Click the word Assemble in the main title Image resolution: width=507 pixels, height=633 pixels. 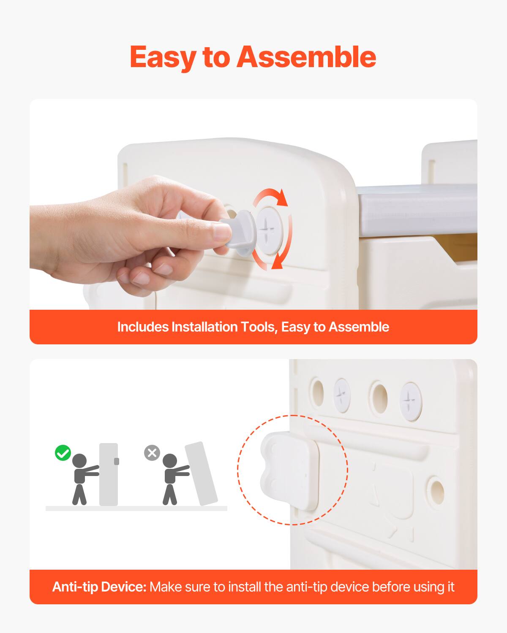[306, 57]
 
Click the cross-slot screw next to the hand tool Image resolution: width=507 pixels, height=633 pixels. [270, 231]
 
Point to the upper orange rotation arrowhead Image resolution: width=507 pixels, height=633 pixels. [283, 198]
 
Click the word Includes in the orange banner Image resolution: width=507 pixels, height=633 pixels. [143, 327]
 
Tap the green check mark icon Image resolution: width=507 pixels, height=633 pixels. [63, 453]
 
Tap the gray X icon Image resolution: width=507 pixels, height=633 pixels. [152, 453]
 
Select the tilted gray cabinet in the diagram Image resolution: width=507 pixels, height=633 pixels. [201, 474]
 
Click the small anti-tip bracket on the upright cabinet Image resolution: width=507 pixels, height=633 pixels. [117, 461]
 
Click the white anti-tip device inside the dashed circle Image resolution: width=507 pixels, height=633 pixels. [289, 471]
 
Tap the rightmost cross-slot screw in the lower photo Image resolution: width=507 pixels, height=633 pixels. [411, 401]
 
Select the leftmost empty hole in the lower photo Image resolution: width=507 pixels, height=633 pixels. [317, 393]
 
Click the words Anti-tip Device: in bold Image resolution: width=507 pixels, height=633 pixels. [99, 587]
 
